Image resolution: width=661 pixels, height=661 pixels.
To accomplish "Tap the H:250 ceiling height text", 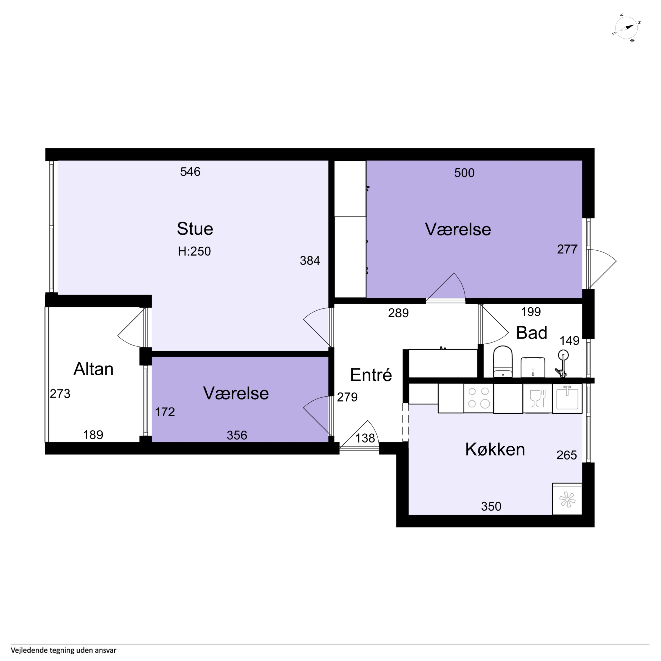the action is click(194, 251).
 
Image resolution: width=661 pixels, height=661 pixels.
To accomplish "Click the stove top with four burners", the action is click(478, 398).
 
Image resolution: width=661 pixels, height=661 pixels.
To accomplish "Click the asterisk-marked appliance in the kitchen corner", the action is click(567, 499).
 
